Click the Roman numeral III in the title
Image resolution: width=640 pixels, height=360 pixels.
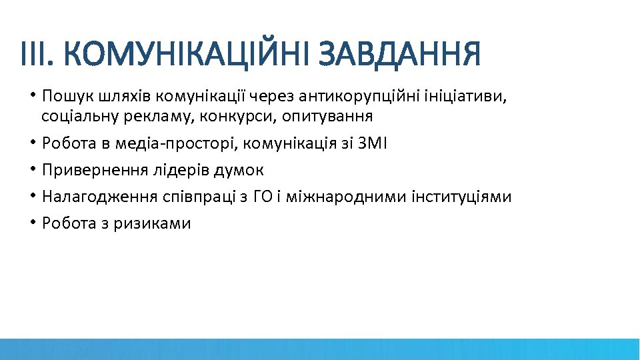pos(33,55)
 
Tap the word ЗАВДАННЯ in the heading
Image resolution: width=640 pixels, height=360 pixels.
pos(399,55)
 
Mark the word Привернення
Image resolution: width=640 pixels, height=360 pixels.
pos(89,170)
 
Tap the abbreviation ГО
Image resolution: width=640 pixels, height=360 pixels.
pos(263,197)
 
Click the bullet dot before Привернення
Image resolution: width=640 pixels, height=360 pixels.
pos(33,170)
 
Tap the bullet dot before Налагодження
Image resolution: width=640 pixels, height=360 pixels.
pos(33,197)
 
